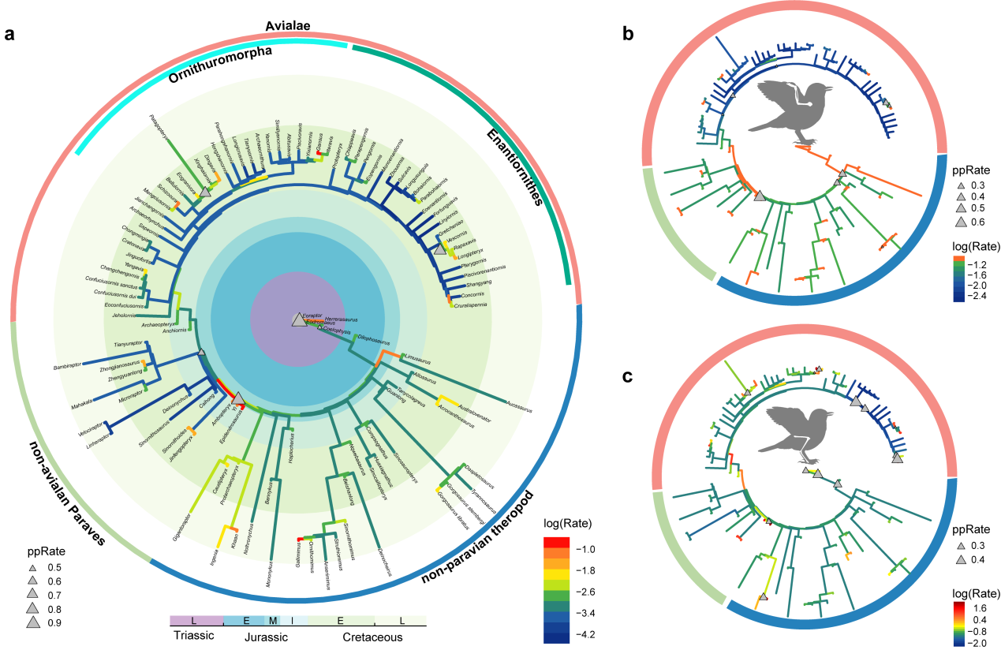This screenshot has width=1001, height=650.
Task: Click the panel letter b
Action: [x=628, y=33]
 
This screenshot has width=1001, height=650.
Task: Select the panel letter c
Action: [x=628, y=376]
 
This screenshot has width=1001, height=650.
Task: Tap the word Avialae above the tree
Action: [x=287, y=27]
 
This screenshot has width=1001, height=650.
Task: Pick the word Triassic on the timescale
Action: [x=194, y=637]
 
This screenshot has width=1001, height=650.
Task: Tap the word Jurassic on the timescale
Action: [x=267, y=637]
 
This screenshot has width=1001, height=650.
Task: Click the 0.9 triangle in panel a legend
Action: [x=34, y=622]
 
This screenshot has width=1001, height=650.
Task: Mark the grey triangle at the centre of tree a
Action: [x=297, y=319]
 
